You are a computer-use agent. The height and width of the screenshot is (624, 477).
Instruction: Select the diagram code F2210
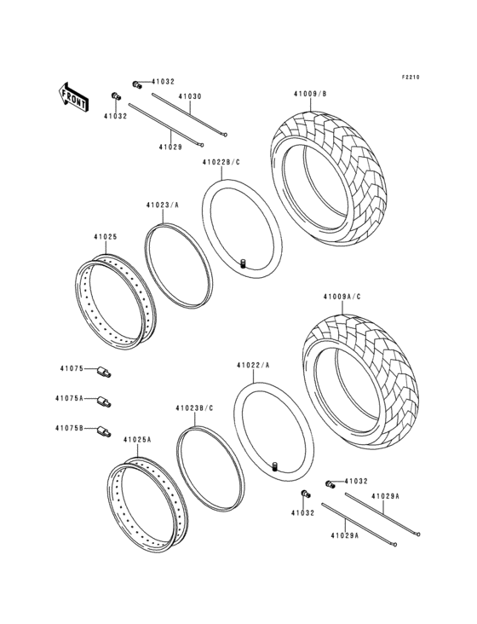click(412, 78)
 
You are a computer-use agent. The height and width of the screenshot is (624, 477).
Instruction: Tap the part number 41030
click(189, 96)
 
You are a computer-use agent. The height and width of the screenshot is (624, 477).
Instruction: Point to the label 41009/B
click(309, 94)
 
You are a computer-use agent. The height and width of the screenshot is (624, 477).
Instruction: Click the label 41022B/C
click(221, 162)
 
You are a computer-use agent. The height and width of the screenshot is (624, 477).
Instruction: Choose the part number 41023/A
click(162, 205)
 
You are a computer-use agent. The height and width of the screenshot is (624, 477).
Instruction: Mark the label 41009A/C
click(342, 296)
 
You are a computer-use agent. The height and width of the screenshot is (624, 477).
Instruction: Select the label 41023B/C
click(193, 408)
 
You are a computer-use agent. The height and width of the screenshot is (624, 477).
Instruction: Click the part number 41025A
click(136, 439)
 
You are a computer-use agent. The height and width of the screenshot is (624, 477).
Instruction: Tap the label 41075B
click(71, 429)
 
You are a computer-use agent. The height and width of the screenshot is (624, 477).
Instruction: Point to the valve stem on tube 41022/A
click(275, 465)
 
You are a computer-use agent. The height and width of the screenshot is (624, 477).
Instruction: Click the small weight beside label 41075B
click(102, 430)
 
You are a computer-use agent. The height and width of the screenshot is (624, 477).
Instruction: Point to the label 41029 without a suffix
click(170, 147)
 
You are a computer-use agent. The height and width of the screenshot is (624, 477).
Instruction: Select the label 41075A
click(70, 398)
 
